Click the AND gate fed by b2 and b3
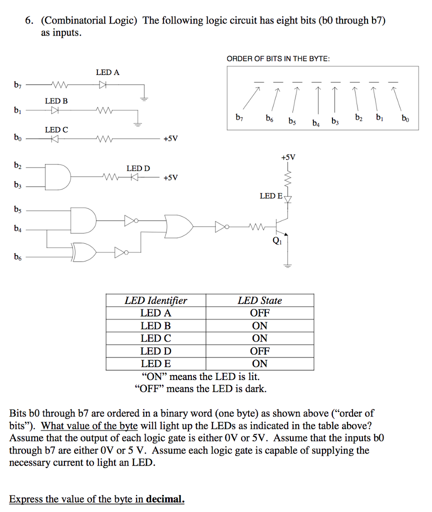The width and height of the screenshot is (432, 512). click(x=57, y=176)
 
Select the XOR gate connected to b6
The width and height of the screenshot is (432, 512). click(x=84, y=252)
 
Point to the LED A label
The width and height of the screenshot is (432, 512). click(x=107, y=72)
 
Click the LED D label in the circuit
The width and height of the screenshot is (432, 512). click(x=138, y=168)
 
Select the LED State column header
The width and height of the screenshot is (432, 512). click(x=259, y=300)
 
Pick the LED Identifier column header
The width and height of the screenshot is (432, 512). click(x=155, y=300)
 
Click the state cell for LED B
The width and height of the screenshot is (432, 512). click(x=259, y=326)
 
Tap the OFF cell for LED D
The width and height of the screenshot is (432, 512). click(x=259, y=351)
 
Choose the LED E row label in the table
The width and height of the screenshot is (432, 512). click(x=155, y=363)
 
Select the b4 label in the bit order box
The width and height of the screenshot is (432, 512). click(x=315, y=123)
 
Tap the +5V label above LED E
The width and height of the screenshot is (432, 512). click(x=288, y=157)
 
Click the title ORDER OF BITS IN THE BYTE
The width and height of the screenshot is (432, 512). click(x=278, y=59)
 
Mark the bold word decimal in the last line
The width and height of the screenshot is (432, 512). click(x=165, y=499)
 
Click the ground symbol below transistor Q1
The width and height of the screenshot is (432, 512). click(x=287, y=266)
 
